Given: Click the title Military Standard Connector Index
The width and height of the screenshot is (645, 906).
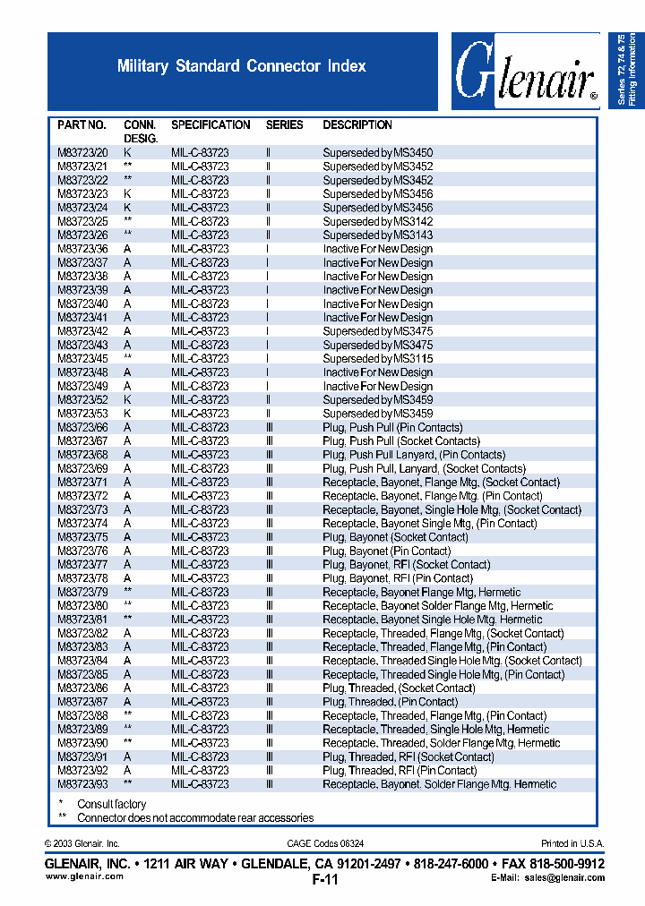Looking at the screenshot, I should click(x=242, y=66).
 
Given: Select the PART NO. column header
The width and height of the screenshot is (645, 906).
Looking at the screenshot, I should click(x=82, y=125).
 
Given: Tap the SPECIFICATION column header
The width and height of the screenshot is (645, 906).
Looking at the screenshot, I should click(x=211, y=125).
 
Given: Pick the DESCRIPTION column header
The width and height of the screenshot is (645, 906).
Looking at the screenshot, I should click(x=357, y=125).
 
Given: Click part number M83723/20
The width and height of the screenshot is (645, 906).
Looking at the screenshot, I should click(x=82, y=153).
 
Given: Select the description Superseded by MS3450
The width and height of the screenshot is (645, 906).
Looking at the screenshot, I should click(x=377, y=153).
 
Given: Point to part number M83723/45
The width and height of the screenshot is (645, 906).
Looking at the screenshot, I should click(x=82, y=359).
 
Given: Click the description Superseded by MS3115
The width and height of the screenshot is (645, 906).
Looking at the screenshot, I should click(x=377, y=359).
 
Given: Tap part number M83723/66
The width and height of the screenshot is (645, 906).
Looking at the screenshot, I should click(x=82, y=428).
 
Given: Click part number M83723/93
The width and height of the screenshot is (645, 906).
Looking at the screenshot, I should click(x=82, y=784).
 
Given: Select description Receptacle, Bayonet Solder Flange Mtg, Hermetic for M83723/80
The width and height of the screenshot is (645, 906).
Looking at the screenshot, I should click(x=437, y=606).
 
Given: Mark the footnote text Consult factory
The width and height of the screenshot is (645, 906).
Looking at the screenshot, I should click(x=111, y=805).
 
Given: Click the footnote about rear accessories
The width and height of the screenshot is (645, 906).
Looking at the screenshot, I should click(x=194, y=818).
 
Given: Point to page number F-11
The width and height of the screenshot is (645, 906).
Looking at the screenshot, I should click(x=325, y=879).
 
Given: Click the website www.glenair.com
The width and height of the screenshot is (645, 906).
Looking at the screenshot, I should click(x=84, y=877).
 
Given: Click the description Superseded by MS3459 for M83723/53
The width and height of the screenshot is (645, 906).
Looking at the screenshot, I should click(x=377, y=415).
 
